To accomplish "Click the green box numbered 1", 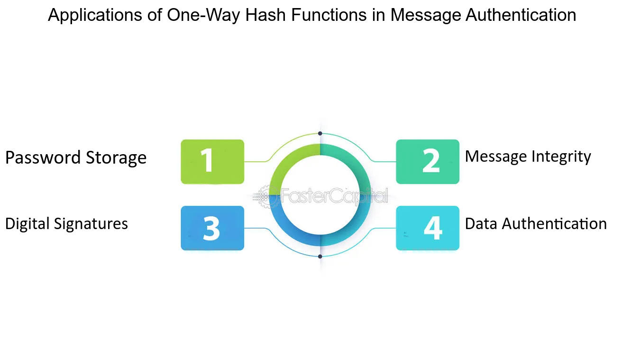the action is tap(212, 162).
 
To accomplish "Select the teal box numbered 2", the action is tap(428, 162).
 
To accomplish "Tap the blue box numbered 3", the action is tap(212, 228).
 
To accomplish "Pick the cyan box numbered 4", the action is tap(428, 228).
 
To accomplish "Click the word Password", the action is tap(43, 157).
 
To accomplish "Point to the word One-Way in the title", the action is tap(203, 16).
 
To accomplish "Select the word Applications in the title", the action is tap(95, 16).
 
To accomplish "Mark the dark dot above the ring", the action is tap(320, 134).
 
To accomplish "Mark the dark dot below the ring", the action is tap(320, 257).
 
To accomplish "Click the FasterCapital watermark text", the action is tap(334, 196).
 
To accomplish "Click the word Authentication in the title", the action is tap(521, 15).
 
